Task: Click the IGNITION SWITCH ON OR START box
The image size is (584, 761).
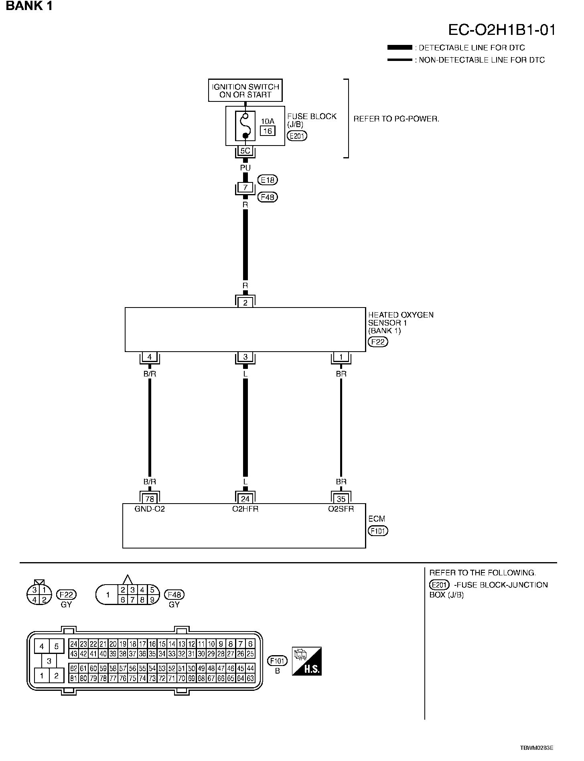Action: (x=245, y=91)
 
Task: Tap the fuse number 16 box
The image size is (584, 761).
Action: (x=268, y=131)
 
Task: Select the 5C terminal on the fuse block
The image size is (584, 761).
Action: (x=245, y=151)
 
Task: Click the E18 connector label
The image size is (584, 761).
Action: (x=268, y=180)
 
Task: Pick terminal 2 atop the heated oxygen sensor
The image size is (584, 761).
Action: (x=245, y=303)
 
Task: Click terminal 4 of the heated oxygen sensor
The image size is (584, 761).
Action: (x=150, y=357)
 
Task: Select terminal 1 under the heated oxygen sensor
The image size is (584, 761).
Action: (x=341, y=357)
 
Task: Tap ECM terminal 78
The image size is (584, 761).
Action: (x=150, y=499)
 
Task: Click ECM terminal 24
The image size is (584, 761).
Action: (x=245, y=499)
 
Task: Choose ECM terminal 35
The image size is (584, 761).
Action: (x=341, y=499)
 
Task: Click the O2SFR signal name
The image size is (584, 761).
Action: (x=341, y=509)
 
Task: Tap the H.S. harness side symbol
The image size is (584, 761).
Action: (x=307, y=661)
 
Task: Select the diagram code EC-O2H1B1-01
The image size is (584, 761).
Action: (x=502, y=30)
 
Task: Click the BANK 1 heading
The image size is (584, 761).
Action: (x=29, y=6)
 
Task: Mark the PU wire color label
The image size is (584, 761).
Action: (x=245, y=168)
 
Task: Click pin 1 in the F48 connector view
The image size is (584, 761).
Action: (x=107, y=595)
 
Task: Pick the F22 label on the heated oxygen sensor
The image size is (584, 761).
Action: (x=378, y=342)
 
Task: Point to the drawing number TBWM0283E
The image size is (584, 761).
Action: (x=537, y=748)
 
